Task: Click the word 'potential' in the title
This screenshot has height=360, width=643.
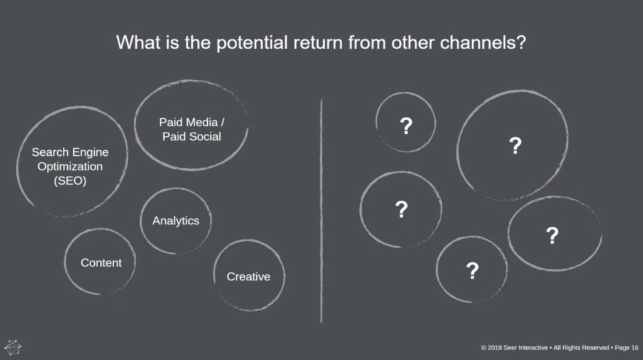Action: coord(252,43)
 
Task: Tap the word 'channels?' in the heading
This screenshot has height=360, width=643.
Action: coord(483,42)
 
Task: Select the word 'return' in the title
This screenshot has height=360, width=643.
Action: coord(318,43)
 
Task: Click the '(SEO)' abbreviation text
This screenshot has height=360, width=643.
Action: coord(70,180)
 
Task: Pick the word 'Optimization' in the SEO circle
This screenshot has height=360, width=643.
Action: coord(70,166)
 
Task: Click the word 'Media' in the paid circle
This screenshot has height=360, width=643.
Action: coord(201,123)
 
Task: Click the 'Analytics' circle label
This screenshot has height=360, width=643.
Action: coord(176,221)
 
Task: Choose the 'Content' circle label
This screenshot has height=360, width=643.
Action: coord(101,263)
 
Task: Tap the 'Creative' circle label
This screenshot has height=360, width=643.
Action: coord(249,276)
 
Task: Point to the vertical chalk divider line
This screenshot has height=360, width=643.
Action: coord(321,211)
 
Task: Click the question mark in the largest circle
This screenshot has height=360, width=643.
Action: coord(516,146)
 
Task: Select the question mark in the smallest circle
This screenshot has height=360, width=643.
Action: coord(406,126)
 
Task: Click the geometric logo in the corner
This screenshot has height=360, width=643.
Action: coord(13,347)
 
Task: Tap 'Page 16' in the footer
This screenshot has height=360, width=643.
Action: coord(627,347)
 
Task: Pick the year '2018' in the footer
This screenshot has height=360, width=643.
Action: coord(495,347)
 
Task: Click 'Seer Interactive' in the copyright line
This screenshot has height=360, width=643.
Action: coord(526,347)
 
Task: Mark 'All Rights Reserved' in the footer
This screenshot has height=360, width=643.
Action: coord(581,347)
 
